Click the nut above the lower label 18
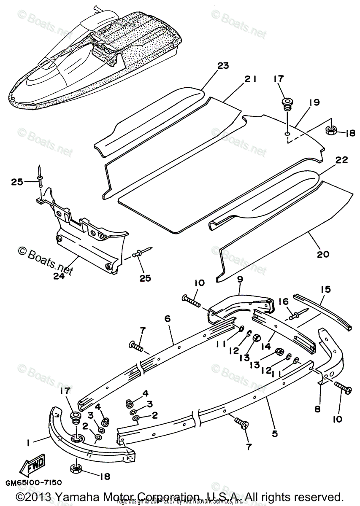click(x=75, y=468)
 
